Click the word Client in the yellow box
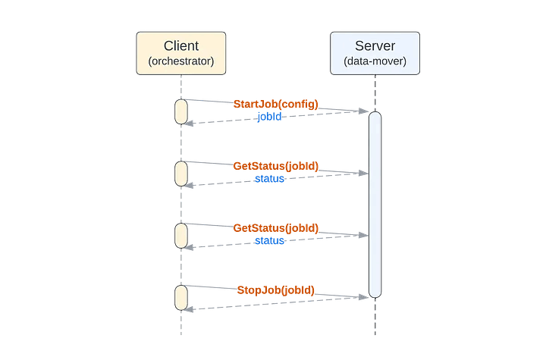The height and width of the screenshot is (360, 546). coord(180,45)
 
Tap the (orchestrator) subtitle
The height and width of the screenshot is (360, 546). coord(180,61)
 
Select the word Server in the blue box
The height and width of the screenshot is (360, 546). coord(375,45)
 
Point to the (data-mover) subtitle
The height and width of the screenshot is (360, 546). coord(375,61)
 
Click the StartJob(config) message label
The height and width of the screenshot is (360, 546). coord(275,104)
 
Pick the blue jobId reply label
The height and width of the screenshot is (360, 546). coord(269,117)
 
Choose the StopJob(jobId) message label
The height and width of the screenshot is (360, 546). coord(275,290)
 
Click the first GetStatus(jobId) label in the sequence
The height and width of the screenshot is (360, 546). coord(275,165)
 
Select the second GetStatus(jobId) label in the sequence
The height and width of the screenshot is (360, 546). coord(275,228)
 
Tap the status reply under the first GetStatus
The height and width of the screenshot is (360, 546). coord(269,178)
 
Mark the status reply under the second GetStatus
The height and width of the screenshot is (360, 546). coord(269,241)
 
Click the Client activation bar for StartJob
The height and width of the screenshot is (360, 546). coord(181,111)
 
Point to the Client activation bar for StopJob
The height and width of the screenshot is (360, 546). coord(181,298)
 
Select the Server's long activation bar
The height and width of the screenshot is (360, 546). coord(375,205)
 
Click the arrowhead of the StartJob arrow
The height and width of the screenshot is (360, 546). coord(365,111)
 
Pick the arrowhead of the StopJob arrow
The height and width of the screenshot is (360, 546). coord(365,298)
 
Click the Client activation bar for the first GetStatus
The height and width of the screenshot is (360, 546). coord(181,174)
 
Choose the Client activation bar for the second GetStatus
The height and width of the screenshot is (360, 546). coord(181,236)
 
